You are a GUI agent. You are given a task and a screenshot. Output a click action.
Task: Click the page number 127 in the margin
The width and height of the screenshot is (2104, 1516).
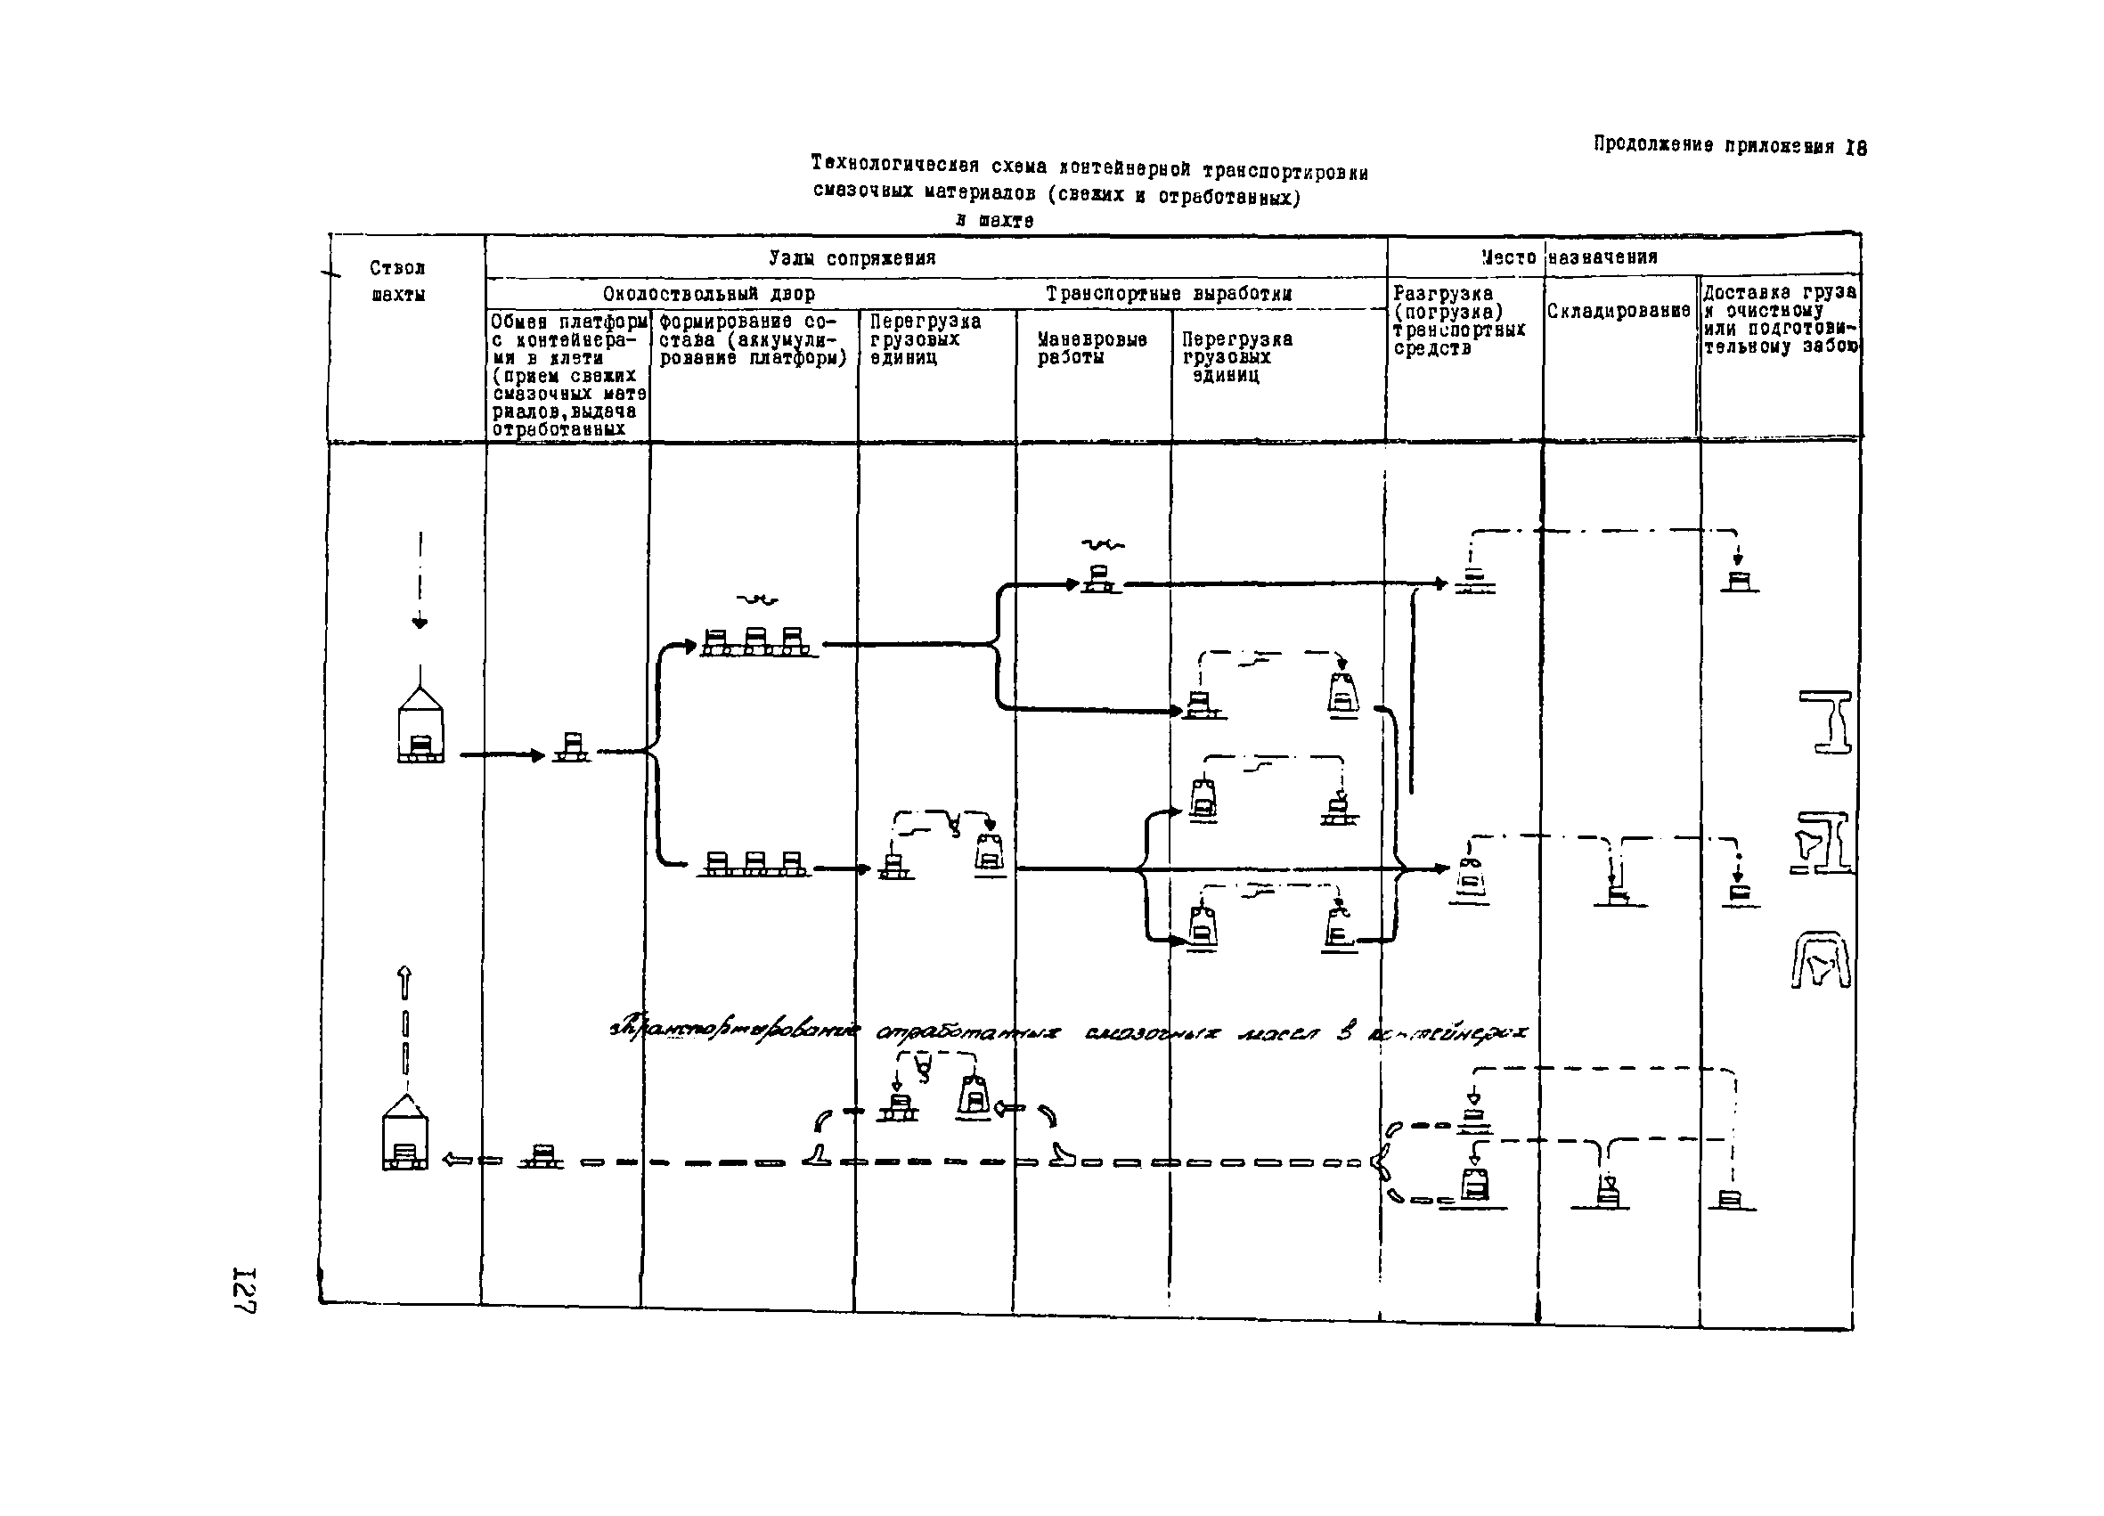(244, 1289)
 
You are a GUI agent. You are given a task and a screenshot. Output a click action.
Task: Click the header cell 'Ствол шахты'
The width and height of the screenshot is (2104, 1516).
(398, 281)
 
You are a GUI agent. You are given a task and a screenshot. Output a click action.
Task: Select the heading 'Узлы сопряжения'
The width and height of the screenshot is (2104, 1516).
(852, 258)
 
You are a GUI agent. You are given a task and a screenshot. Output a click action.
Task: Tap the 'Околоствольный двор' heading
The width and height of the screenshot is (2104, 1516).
(709, 294)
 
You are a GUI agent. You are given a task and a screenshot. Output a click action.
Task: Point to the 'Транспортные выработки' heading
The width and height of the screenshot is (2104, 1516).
(1169, 294)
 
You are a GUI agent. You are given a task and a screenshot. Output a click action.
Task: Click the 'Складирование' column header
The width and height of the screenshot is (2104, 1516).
(1619, 311)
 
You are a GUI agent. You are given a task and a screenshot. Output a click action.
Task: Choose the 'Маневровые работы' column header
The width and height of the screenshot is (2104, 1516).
(1092, 348)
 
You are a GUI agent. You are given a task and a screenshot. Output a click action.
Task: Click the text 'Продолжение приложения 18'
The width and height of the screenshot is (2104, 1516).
(1729, 146)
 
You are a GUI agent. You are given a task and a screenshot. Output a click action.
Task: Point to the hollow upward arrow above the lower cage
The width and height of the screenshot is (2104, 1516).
(404, 982)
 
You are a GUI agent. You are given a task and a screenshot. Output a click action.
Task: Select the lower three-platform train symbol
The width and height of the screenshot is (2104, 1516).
(754, 864)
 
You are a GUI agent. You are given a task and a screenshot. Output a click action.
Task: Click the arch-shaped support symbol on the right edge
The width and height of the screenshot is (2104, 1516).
(1820, 960)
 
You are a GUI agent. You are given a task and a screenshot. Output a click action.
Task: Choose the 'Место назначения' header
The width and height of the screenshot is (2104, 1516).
(1569, 257)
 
